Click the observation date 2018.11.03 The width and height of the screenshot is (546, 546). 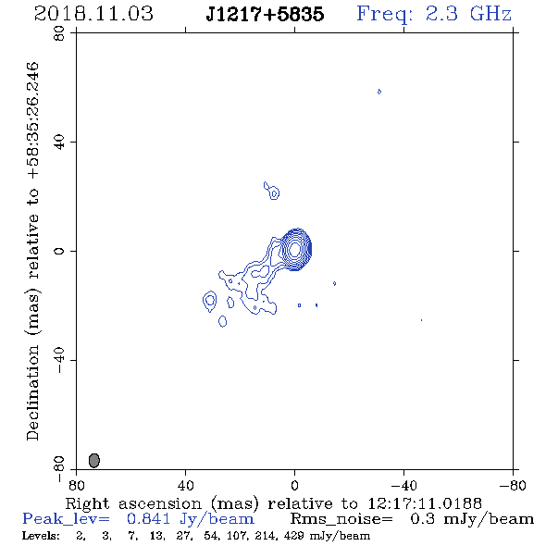(93, 14)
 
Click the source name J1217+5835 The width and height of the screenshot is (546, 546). (265, 14)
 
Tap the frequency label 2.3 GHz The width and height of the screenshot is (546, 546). (468, 14)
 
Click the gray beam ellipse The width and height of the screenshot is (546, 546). (94, 460)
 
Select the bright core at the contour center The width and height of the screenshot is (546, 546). (295, 249)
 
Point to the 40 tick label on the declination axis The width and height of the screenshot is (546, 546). (59, 143)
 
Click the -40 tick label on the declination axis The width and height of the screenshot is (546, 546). (59, 360)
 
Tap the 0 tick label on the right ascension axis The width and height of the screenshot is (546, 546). (294, 485)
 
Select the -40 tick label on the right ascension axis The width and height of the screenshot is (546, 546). (403, 485)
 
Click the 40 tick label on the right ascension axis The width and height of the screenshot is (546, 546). (185, 485)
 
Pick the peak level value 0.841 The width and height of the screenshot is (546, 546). (148, 519)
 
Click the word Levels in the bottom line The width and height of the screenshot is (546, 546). (41, 536)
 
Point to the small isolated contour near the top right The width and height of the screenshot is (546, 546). (379, 92)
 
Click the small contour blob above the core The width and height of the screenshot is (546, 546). (271, 191)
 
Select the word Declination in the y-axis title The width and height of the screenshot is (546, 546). (32, 392)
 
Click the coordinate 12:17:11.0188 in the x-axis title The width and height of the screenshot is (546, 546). (425, 503)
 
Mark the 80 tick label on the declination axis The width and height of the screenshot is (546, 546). (59, 33)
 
